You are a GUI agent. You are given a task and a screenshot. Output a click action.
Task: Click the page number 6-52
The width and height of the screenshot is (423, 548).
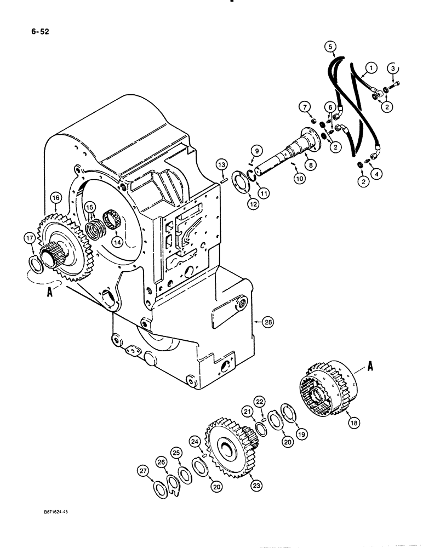click(31, 31)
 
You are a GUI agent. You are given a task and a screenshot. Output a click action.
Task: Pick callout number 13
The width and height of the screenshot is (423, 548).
click(221, 164)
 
